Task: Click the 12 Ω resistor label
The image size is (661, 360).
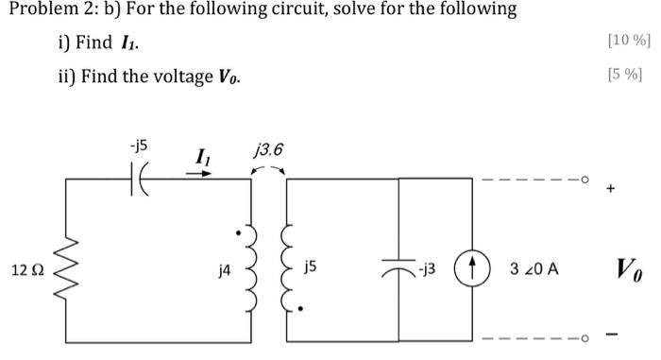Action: pyautogui.click(x=27, y=270)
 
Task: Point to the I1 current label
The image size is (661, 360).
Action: pyautogui.click(x=202, y=155)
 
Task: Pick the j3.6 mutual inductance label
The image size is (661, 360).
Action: pyautogui.click(x=268, y=150)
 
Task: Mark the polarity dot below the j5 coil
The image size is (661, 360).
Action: pyautogui.click(x=301, y=308)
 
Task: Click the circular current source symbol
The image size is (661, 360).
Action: pyautogui.click(x=471, y=268)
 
